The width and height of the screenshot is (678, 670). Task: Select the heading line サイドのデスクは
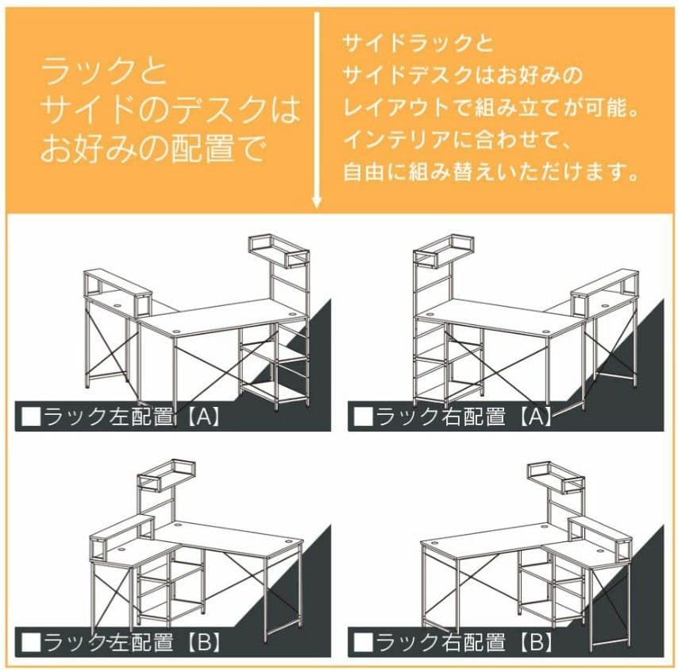(170, 111)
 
